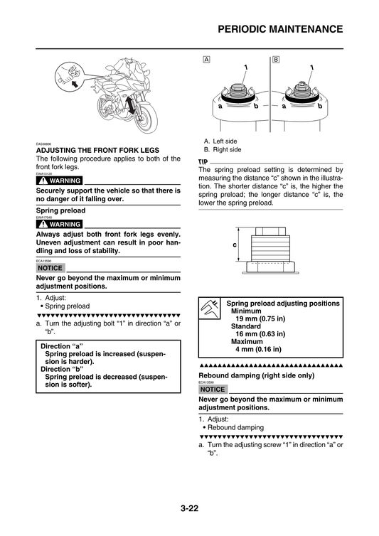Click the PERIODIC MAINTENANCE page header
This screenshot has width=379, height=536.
pos(279,29)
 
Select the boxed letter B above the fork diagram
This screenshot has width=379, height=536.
pos(275,59)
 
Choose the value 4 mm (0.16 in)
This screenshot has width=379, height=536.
pos(258,349)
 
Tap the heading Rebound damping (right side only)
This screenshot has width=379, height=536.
pos(256,375)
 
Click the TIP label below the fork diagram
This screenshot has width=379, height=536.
pos(204,163)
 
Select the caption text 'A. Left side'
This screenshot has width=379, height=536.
pos(221,141)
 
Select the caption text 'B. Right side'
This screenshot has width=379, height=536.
pos(223,149)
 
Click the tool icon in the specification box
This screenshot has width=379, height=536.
pos(210,307)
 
